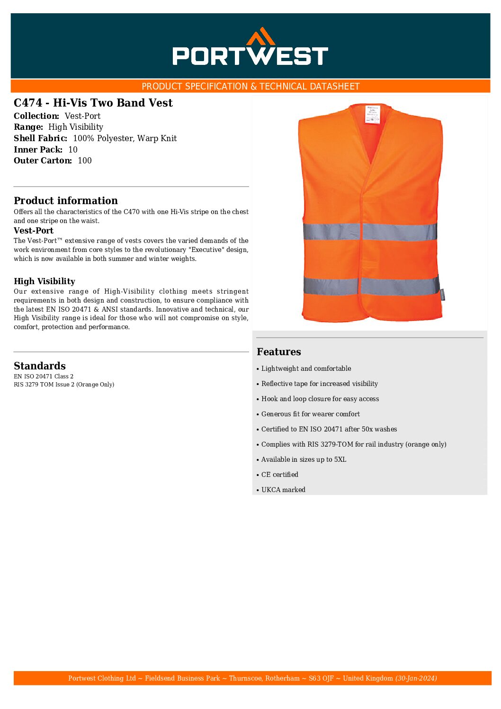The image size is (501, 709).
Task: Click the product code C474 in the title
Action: click(28, 103)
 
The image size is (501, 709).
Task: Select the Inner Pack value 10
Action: click(73, 150)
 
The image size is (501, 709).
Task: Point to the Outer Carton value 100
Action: click(85, 161)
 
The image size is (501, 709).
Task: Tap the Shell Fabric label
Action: click(41, 138)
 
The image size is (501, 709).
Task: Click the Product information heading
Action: click(66, 200)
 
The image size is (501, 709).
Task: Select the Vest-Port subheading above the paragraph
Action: click(34, 231)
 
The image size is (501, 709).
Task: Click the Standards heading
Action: click(40, 366)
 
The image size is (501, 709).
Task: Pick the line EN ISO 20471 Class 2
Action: click(44, 377)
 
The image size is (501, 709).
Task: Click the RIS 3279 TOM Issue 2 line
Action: click(64, 385)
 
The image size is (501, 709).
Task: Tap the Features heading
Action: click(279, 351)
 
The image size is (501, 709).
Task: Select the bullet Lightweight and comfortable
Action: click(306, 368)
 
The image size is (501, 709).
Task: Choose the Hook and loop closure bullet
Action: click(320, 399)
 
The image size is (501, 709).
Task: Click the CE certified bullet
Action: click(280, 475)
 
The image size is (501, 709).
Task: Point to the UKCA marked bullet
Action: click(283, 490)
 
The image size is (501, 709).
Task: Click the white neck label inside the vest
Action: click(373, 114)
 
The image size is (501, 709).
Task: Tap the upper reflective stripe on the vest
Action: click(370, 232)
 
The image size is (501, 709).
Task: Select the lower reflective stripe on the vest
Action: click(371, 286)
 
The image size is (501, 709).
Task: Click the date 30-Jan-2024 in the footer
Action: click(416, 678)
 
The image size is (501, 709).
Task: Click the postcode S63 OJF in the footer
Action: click(321, 678)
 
